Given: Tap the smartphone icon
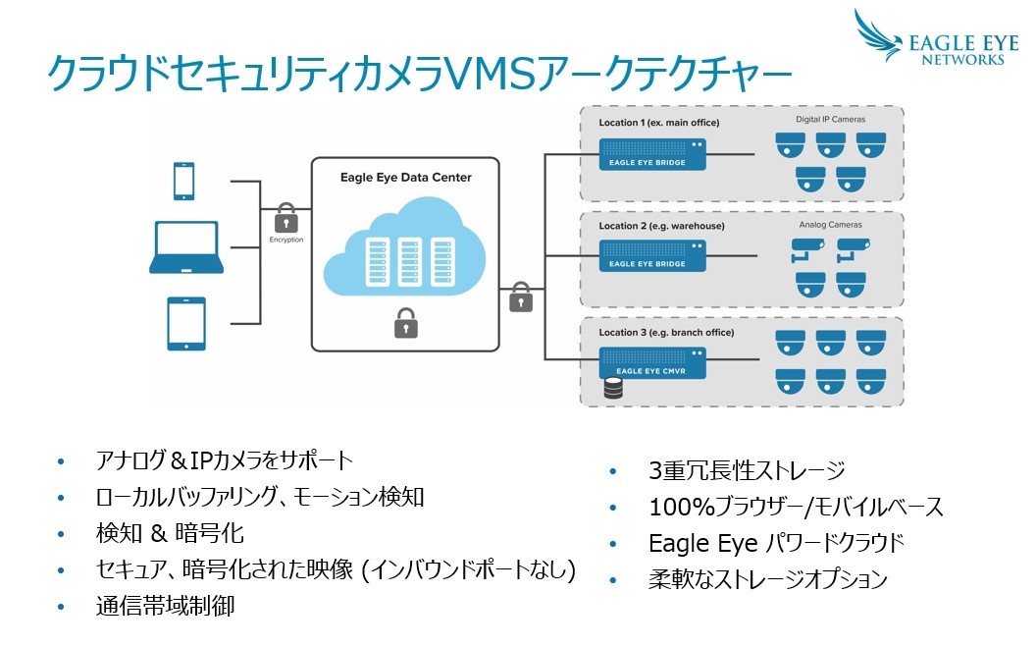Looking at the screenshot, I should coord(183,182).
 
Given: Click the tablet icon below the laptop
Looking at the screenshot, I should coord(185,323).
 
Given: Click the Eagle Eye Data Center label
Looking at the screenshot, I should coord(405,178).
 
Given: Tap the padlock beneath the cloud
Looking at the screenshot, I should coord(405,322).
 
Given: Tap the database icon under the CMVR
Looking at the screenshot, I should coord(614,389).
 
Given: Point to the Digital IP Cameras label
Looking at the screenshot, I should coord(830,120).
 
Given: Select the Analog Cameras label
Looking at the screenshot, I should coord(830,225).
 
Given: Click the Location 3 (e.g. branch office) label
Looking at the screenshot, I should coord(666,333).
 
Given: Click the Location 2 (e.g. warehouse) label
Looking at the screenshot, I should coord(661,226).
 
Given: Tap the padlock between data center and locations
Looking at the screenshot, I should coord(521,297).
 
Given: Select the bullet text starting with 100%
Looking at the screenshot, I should coord(796,508).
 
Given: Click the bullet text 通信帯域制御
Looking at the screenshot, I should coord(165,606).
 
